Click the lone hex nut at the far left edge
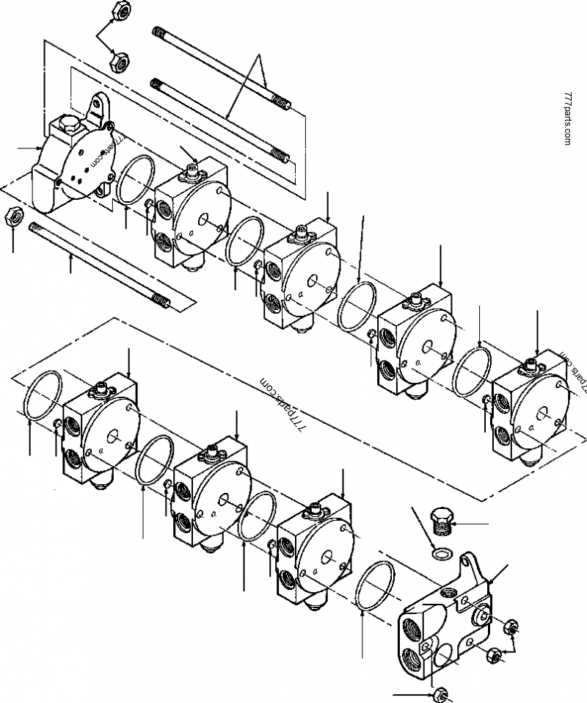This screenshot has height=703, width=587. [13, 217]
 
